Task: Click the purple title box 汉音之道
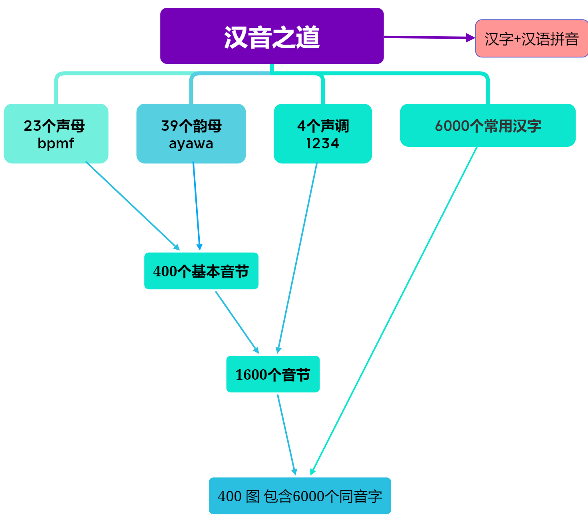click(272, 36)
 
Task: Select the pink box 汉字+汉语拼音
click(531, 39)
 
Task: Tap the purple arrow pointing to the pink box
click(427, 37)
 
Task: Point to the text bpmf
click(56, 143)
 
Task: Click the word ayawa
click(191, 144)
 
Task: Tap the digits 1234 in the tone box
click(323, 144)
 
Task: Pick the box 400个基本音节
click(201, 271)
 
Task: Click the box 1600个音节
click(273, 374)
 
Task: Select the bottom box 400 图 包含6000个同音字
click(300, 496)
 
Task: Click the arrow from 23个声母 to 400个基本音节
click(132, 205)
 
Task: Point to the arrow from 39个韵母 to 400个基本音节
click(196, 205)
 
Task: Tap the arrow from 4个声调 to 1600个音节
click(298, 257)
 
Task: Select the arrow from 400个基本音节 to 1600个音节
click(236, 321)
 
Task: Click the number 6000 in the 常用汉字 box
click(452, 126)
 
